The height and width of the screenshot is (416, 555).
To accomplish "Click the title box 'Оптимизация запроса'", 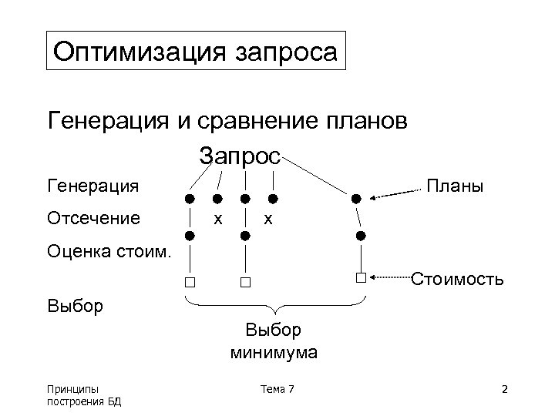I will [197, 52].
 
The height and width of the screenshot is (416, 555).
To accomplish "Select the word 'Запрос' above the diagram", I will [240, 156].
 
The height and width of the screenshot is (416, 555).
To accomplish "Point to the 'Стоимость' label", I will [458, 278].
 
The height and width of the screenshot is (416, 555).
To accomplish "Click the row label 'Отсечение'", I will [94, 218].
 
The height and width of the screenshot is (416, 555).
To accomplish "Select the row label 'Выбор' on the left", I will [76, 306].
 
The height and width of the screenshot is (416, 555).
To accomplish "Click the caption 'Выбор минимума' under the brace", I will [274, 342].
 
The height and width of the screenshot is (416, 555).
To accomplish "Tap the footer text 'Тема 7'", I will [277, 389].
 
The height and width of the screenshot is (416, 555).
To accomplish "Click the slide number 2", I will [504, 389].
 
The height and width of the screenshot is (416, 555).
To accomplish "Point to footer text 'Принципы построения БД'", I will [84, 394].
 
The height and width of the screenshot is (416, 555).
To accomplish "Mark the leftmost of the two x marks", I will [218, 218].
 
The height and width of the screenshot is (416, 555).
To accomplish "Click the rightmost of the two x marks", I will [267, 218].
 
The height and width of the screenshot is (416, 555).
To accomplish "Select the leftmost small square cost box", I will [190, 282].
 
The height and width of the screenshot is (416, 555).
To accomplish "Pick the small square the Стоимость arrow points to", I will [360, 277].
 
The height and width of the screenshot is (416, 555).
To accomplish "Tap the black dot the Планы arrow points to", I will [356, 199].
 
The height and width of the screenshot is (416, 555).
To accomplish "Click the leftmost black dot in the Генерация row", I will [190, 199].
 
